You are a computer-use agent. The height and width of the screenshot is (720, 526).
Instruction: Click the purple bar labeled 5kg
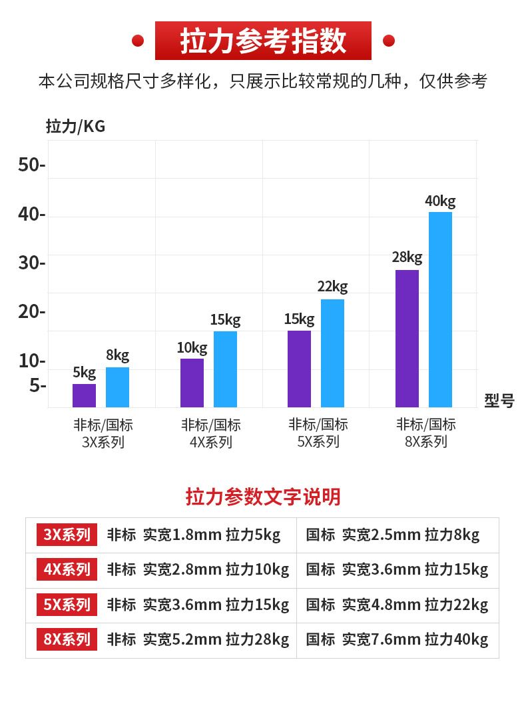pyautogui.click(x=84, y=395)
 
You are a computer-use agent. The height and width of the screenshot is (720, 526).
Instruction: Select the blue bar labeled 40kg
pyautogui.click(x=440, y=309)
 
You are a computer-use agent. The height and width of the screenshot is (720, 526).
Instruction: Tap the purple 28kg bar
pyautogui.click(x=407, y=338)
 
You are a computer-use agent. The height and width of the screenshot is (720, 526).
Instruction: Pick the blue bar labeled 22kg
pyautogui.click(x=332, y=353)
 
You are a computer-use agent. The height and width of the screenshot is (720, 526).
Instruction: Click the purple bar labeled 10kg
pyautogui.click(x=192, y=383)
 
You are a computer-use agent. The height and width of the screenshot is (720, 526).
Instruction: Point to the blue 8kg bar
pyautogui.click(x=117, y=387)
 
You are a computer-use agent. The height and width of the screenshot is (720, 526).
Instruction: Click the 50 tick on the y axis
pyautogui.click(x=31, y=165)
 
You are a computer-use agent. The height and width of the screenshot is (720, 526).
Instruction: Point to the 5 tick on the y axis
pyautogui.click(x=37, y=386)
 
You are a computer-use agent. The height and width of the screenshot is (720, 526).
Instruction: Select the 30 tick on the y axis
pyautogui.click(x=31, y=263)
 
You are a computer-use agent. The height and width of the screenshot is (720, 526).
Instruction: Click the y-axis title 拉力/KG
pyautogui.click(x=75, y=126)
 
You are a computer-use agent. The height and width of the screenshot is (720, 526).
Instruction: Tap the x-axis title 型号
pyautogui.click(x=499, y=401)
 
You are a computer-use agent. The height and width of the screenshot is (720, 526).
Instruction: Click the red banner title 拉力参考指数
pyautogui.click(x=263, y=41)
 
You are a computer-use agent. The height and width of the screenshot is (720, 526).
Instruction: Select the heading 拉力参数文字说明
pyautogui.click(x=263, y=497)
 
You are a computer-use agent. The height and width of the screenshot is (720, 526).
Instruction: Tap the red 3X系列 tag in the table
pyautogui.click(x=67, y=535)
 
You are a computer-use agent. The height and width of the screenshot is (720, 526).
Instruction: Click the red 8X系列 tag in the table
pyautogui.click(x=67, y=640)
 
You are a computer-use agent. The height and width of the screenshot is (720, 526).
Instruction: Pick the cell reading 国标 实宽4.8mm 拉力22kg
pyautogui.click(x=397, y=605)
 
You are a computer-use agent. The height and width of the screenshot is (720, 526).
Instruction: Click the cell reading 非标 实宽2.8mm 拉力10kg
pyautogui.click(x=198, y=569)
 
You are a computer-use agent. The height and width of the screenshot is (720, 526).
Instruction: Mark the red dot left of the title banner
pyautogui.click(x=138, y=41)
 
